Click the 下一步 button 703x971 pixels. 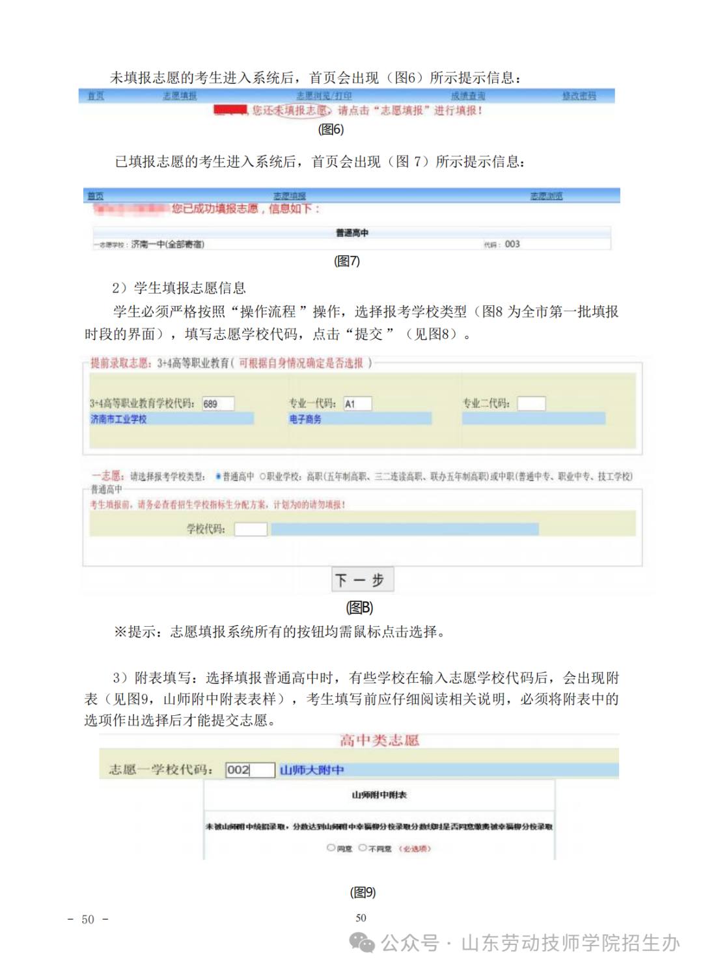(x=363, y=579)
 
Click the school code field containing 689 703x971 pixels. (x=217, y=403)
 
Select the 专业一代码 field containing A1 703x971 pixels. (x=357, y=403)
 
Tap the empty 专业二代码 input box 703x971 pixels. (x=531, y=403)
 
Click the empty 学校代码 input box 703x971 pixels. (x=251, y=529)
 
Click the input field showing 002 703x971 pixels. (x=250, y=770)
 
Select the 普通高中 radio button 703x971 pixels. (x=219, y=476)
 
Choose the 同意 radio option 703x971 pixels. (x=331, y=848)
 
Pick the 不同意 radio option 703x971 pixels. (x=363, y=848)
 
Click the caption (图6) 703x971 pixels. (x=331, y=129)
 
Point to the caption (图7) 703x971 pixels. (x=346, y=261)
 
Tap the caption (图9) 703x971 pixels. (x=363, y=892)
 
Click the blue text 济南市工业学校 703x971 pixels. (x=118, y=419)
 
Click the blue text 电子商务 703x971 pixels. (x=305, y=419)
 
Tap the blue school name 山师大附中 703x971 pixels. (x=312, y=770)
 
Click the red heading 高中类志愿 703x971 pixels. (x=379, y=740)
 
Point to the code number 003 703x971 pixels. (x=512, y=244)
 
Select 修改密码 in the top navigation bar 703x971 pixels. (x=579, y=96)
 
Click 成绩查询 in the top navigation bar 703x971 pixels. (x=468, y=96)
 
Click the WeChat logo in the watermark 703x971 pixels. (x=362, y=942)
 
